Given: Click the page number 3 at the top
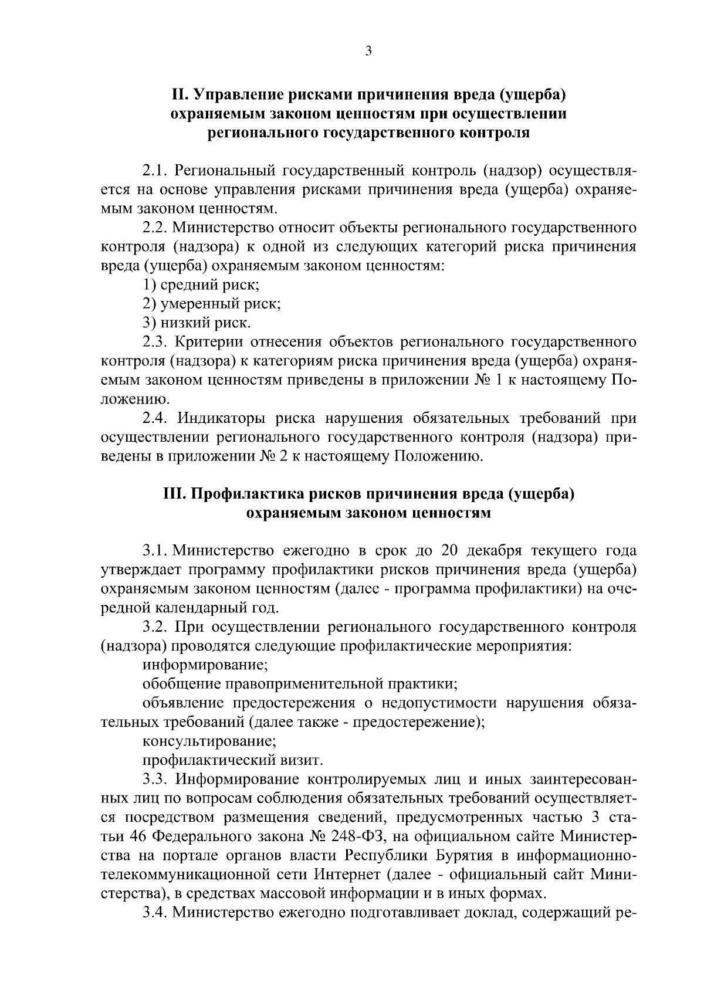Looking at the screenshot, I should (x=368, y=51).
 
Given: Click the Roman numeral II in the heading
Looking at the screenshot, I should (x=178, y=94).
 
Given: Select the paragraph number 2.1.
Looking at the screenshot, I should (x=155, y=171).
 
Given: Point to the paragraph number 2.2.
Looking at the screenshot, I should (x=155, y=228).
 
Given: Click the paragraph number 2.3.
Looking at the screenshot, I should (x=155, y=342).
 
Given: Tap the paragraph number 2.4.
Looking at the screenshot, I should (x=155, y=418).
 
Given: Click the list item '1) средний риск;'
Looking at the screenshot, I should (x=201, y=285).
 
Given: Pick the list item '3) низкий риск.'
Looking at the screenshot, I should (x=197, y=323).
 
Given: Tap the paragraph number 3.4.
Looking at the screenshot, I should (x=155, y=913).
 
